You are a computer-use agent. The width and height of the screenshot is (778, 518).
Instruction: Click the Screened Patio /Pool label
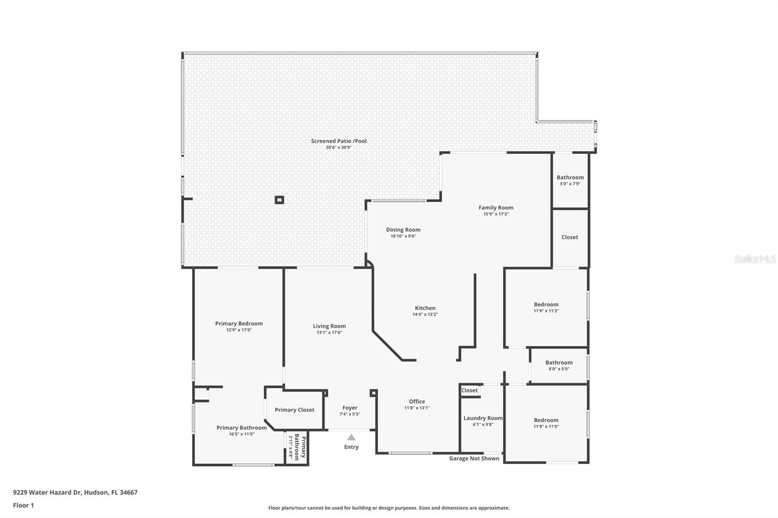coord(339,141)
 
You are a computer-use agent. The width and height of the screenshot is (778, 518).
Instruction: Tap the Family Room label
coord(495,207)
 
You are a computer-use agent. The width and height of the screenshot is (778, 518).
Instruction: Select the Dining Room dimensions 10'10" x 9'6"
coord(403,236)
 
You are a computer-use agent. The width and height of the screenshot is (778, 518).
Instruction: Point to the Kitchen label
coord(425,308)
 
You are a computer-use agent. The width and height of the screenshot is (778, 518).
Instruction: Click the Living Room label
coord(329,326)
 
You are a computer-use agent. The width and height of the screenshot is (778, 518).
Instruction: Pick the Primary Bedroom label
coord(239,323)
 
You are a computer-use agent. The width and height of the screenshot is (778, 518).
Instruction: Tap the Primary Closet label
coord(294,410)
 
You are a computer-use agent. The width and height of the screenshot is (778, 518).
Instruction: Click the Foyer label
coord(350,408)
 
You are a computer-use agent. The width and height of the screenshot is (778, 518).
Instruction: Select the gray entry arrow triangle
coord(351,437)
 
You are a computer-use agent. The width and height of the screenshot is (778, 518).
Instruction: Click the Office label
coord(417,401)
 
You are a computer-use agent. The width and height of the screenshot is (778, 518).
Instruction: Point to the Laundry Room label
coord(483,418)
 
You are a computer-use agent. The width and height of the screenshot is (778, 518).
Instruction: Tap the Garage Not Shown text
coord(474,458)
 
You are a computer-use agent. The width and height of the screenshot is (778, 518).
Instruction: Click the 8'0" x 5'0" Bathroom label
coord(559,363)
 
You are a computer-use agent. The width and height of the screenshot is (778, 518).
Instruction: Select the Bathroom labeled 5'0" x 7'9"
coord(570,177)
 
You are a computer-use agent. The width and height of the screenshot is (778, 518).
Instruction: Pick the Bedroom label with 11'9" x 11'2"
coord(546,305)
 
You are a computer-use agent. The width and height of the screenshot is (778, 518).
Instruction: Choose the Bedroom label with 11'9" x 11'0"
coord(546,420)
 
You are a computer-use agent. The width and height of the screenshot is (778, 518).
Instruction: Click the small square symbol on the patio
coord(279,200)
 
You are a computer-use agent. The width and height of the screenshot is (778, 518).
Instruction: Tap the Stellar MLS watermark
coord(755,259)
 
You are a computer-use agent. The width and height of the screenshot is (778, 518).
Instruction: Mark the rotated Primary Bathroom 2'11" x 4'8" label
coord(297,448)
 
